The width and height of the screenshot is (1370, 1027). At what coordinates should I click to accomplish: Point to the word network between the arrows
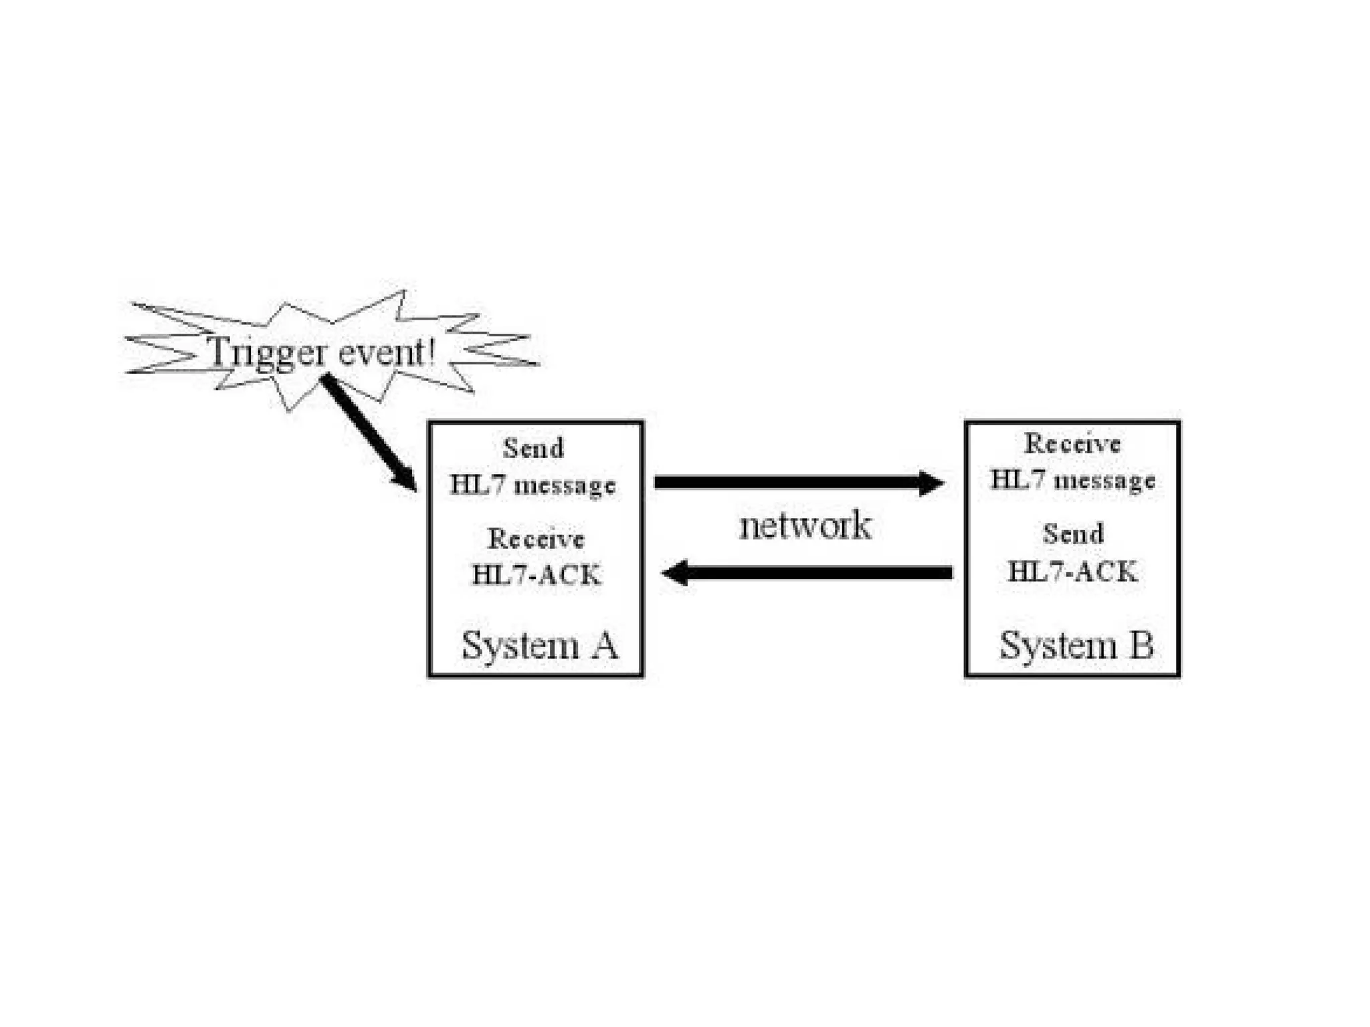click(x=805, y=526)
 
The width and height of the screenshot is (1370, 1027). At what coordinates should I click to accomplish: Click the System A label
click(x=539, y=646)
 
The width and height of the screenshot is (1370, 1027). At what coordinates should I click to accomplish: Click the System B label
click(x=1076, y=646)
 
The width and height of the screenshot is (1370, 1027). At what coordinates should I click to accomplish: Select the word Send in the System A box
click(x=533, y=448)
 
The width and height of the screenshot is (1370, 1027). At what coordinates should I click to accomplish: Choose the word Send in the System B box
click(x=1073, y=534)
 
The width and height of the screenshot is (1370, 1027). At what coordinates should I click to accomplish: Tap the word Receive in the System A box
click(x=536, y=539)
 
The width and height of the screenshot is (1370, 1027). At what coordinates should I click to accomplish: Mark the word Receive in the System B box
click(x=1072, y=444)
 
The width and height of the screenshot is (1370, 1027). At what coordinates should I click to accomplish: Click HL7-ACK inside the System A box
click(x=536, y=575)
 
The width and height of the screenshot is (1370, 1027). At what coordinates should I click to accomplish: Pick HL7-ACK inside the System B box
click(x=1072, y=572)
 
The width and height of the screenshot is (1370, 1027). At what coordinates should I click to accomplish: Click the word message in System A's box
click(x=565, y=486)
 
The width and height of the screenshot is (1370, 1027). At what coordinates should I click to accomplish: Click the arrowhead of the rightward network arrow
click(x=931, y=482)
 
